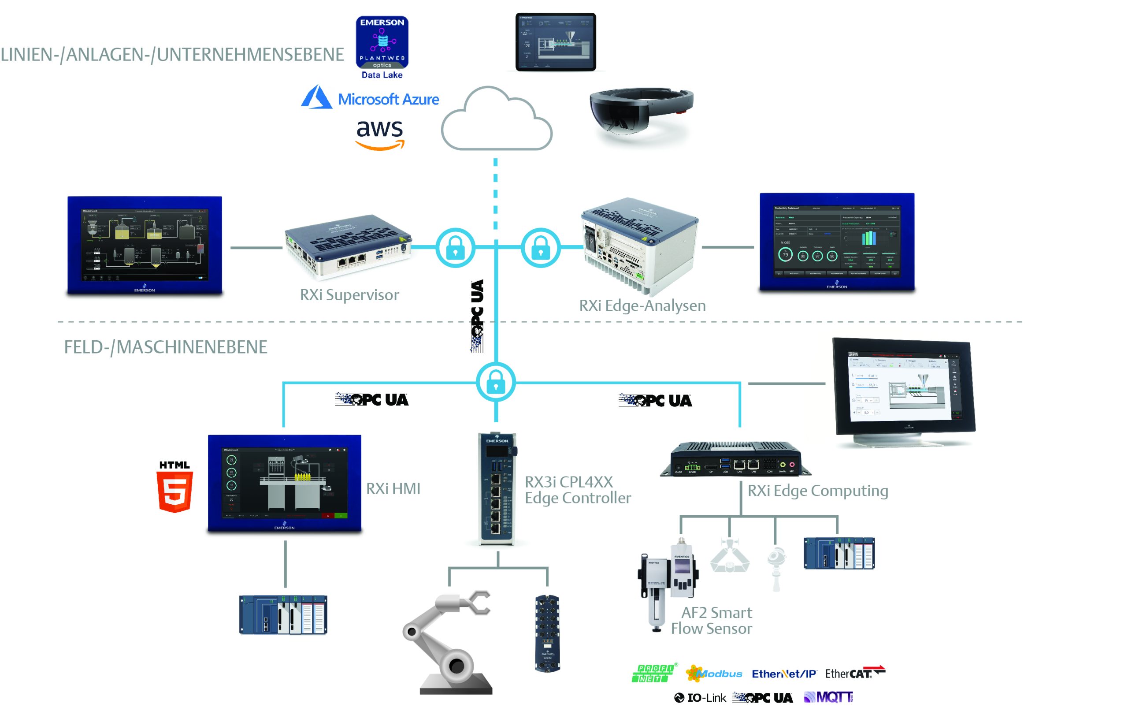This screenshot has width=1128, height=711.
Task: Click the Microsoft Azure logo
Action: [x=370, y=98]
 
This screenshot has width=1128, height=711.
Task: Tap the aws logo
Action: [x=379, y=134]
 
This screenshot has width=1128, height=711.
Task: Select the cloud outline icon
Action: [x=497, y=120]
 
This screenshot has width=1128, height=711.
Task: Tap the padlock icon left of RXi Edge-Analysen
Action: [x=541, y=247]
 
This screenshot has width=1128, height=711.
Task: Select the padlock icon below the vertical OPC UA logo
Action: [x=496, y=382]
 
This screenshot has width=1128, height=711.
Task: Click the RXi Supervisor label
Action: [x=349, y=295]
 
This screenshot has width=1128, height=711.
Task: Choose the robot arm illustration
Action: [x=447, y=642]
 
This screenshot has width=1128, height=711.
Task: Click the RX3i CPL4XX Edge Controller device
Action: [x=497, y=488]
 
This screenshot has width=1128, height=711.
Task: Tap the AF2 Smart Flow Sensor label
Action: [x=712, y=620]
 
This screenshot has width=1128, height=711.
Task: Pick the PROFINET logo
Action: [x=653, y=673]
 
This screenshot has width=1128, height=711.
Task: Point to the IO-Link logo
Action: [x=700, y=697]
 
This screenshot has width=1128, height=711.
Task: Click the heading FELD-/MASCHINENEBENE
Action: [x=165, y=347]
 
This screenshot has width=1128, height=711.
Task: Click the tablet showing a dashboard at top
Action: [x=556, y=42]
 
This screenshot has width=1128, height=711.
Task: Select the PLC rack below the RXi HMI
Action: [x=283, y=614]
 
